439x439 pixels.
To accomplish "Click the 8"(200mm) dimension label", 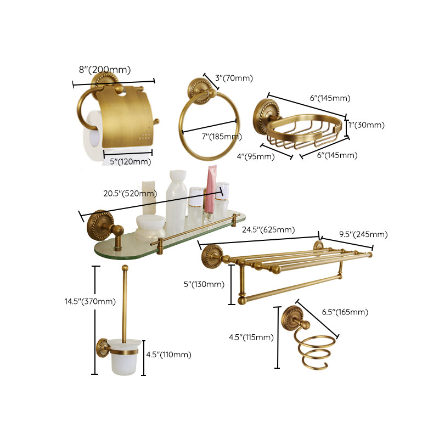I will click(x=105, y=70).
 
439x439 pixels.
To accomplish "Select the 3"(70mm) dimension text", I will click(x=234, y=78).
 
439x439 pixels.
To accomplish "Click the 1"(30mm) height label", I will click(x=368, y=125).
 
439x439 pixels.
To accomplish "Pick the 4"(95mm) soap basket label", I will click(x=256, y=157).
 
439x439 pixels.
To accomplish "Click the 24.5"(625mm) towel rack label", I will click(x=268, y=229).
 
